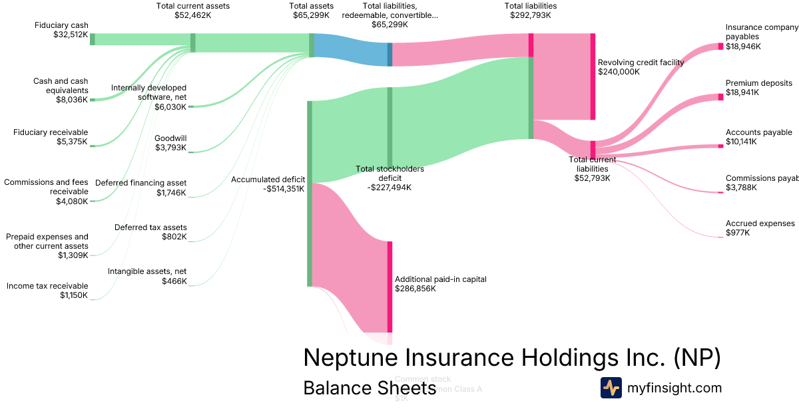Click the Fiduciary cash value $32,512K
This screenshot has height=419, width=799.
tap(71, 35)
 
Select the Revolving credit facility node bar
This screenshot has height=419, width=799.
tap(593, 76)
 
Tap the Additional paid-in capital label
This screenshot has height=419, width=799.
tap(440, 279)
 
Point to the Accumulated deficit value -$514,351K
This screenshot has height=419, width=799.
tap(278, 188)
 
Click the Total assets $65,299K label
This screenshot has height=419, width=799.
tap(311, 10)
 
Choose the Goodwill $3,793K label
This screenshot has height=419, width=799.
tap(170, 143)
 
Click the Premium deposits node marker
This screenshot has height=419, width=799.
tap(720, 97)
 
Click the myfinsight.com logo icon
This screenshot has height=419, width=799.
tap(611, 388)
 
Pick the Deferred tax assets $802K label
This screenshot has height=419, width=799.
tap(150, 231)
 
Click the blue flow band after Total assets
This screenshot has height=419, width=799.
tap(351, 50)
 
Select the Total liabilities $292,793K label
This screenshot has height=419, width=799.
tap(531, 10)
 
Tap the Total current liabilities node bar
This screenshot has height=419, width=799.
tap(593, 150)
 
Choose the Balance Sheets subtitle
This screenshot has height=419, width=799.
tap(369, 388)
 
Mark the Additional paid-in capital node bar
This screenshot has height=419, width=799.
tap(390, 286)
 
